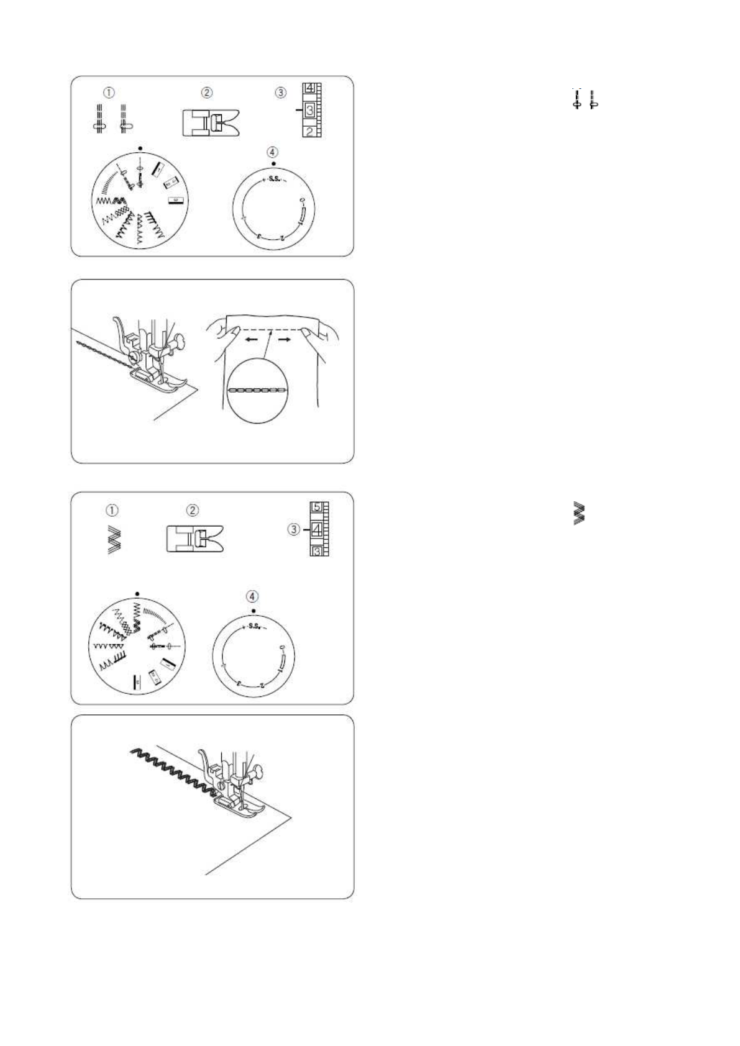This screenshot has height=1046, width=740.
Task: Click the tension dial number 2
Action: point(309,132)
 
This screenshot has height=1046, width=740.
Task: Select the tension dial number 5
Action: point(317,507)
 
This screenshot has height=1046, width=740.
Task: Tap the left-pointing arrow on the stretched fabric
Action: point(252,340)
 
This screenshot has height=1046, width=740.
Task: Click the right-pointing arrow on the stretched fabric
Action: point(286,340)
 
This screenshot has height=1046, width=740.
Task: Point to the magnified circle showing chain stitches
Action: point(257,390)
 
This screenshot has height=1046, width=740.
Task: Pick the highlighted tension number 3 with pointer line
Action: point(310,111)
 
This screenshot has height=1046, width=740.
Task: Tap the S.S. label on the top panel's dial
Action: point(273,180)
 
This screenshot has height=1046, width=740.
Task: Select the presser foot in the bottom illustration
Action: point(239,804)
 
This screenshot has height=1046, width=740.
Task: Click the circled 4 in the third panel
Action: point(252,596)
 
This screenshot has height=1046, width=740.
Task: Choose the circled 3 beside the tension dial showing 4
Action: point(293,529)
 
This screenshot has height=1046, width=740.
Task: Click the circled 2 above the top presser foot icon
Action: point(207,93)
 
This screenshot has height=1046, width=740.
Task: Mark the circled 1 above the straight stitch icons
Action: point(109,93)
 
